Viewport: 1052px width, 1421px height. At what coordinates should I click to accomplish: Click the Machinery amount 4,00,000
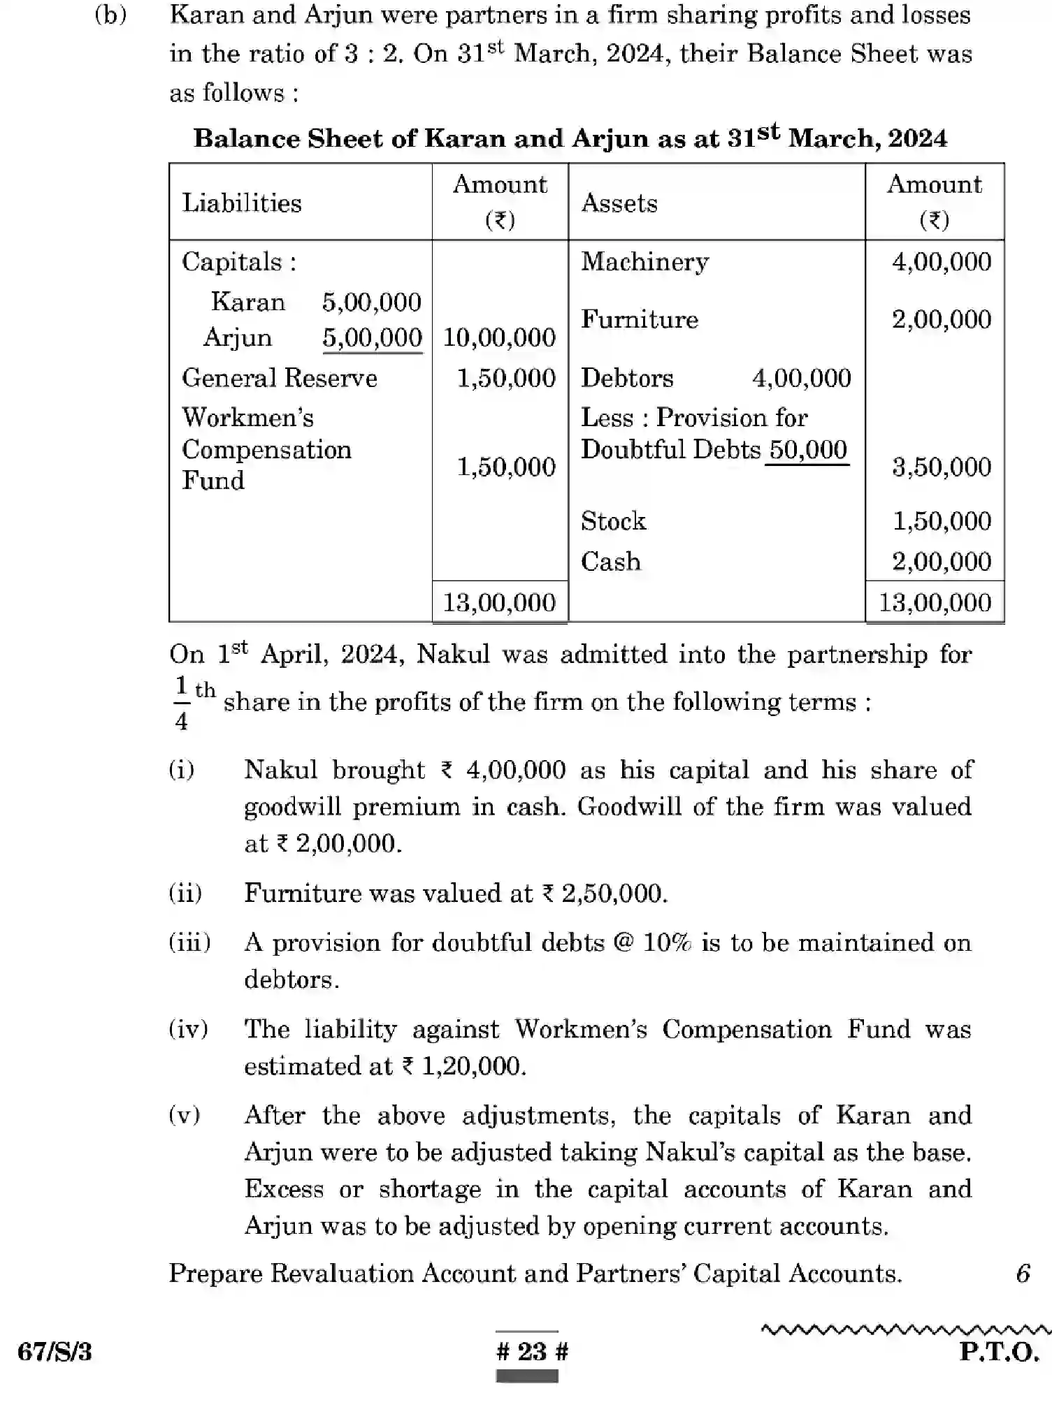pyautogui.click(x=941, y=262)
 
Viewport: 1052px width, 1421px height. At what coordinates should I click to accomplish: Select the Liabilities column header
pyautogui.click(x=242, y=203)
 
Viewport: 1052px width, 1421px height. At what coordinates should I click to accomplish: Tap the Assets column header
pyautogui.click(x=619, y=203)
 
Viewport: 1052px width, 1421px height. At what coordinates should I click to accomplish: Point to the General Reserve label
pyautogui.click(x=280, y=378)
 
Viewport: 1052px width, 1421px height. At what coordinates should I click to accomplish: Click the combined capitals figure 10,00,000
pyautogui.click(x=499, y=338)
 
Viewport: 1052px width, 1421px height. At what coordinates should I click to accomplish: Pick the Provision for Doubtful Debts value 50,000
pyautogui.click(x=808, y=450)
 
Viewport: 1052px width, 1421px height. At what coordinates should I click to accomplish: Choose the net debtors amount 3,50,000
pyautogui.click(x=941, y=467)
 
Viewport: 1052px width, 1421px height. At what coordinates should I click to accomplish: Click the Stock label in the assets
pyautogui.click(x=613, y=521)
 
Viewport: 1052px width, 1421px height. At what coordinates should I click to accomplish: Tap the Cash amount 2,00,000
pyautogui.click(x=941, y=562)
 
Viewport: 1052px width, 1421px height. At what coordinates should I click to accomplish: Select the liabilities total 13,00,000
pyautogui.click(x=499, y=602)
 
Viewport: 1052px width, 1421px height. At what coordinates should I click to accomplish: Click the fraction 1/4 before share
pyautogui.click(x=182, y=703)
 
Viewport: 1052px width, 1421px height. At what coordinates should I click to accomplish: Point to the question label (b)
pyautogui.click(x=110, y=15)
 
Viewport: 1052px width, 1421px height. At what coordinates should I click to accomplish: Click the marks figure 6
pyautogui.click(x=1023, y=1274)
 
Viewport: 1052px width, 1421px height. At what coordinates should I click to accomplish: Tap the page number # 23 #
pyautogui.click(x=532, y=1351)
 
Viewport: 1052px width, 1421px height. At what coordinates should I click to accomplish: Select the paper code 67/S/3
pyautogui.click(x=55, y=1353)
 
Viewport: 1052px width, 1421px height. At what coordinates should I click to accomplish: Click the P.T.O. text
pyautogui.click(x=999, y=1353)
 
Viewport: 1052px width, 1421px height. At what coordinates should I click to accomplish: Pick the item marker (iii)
pyautogui.click(x=189, y=942)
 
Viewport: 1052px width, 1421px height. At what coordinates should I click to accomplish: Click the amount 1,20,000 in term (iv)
pyautogui.click(x=473, y=1066)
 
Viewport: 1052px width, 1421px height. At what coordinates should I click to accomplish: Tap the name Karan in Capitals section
pyautogui.click(x=248, y=302)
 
